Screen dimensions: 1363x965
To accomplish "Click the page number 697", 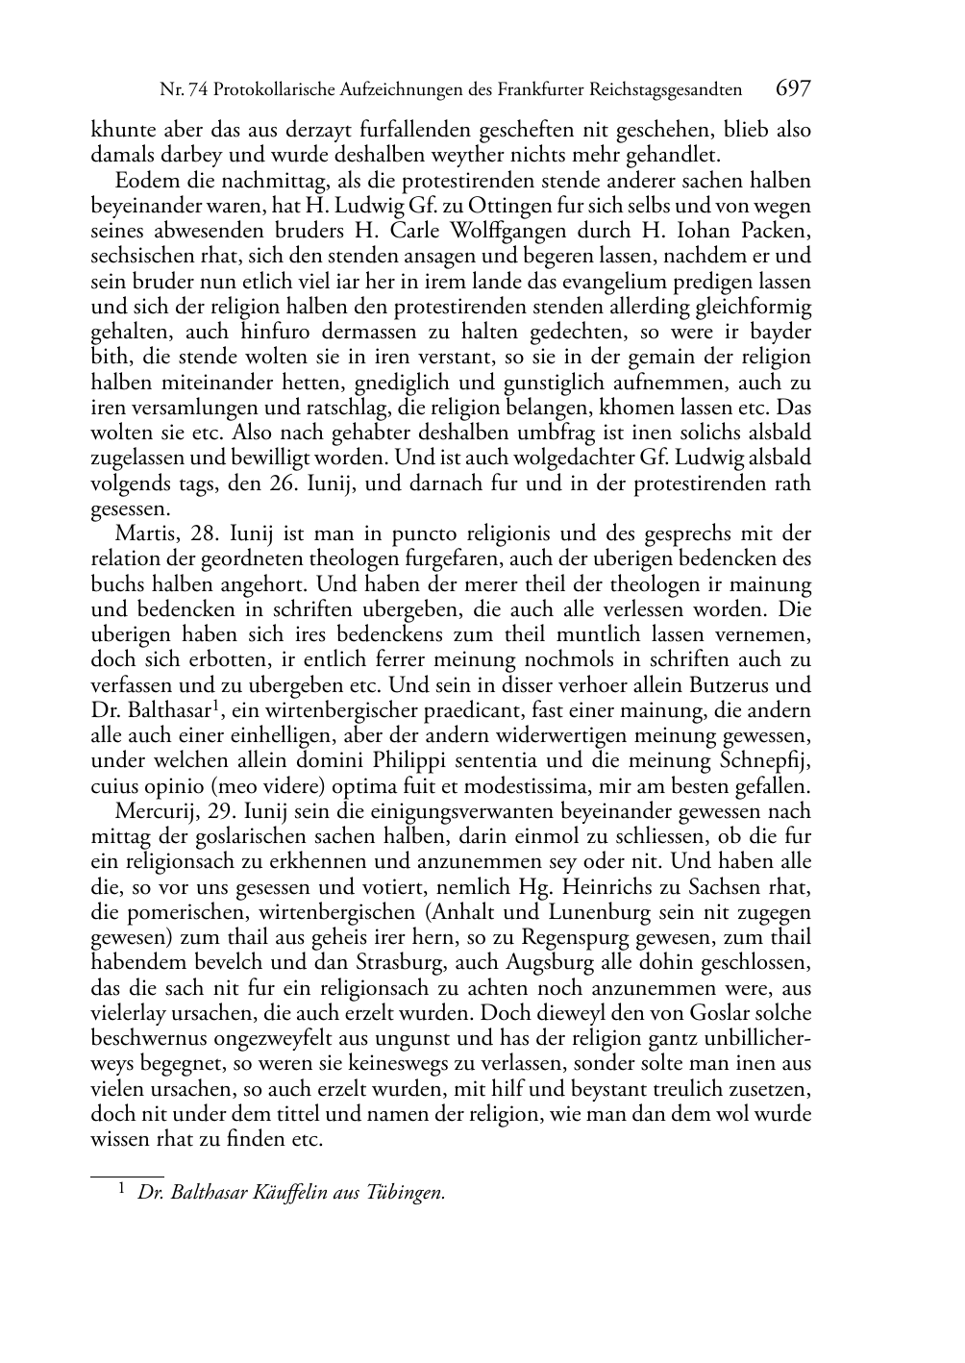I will click(x=793, y=89).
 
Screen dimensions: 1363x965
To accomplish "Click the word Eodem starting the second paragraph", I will click(x=142, y=181).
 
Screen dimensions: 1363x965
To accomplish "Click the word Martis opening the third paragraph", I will click(x=141, y=534).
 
